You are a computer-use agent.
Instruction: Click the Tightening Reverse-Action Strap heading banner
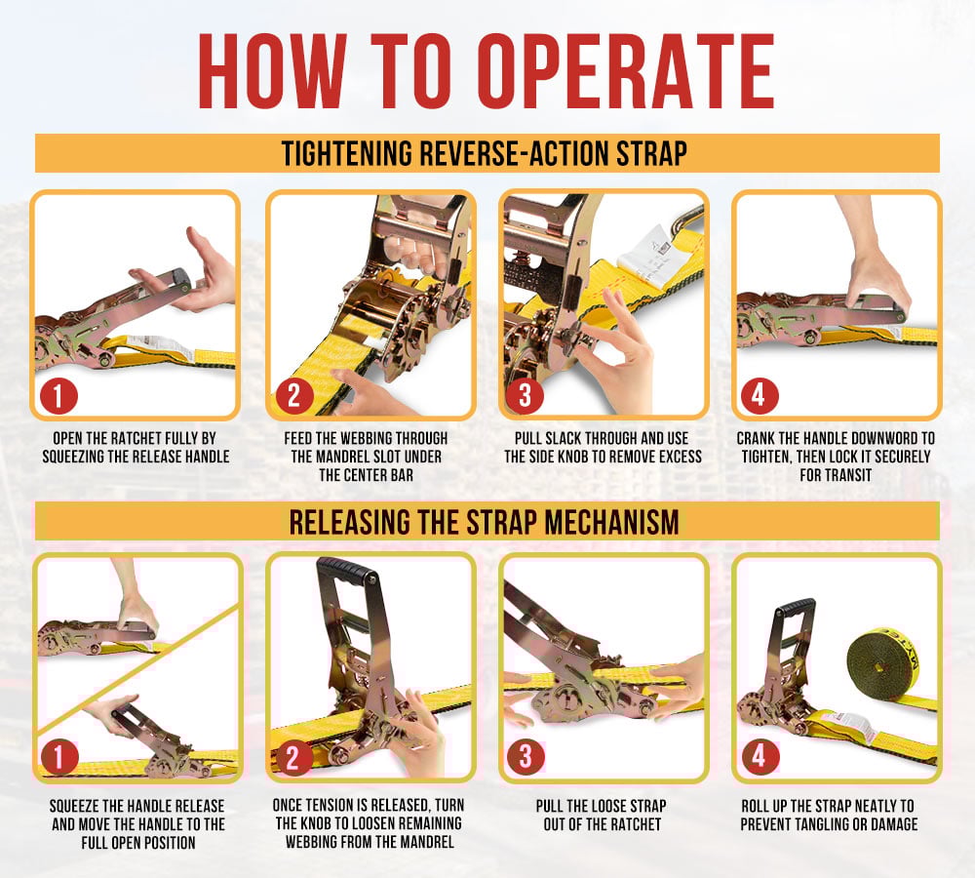(x=487, y=153)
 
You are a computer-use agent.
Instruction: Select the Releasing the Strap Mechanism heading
(x=487, y=521)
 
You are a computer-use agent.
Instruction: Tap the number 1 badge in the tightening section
(x=59, y=396)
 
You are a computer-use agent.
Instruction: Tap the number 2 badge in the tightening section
(x=293, y=396)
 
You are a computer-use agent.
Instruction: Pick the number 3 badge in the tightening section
(x=526, y=396)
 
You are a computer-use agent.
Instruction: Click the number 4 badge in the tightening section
(x=760, y=396)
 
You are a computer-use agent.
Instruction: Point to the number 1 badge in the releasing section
(x=59, y=757)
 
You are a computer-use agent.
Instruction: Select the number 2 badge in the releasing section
(x=293, y=757)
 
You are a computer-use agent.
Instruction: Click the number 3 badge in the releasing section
(x=526, y=757)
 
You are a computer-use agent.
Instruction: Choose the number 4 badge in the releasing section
(x=760, y=757)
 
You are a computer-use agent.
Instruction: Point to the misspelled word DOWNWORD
(x=885, y=438)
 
